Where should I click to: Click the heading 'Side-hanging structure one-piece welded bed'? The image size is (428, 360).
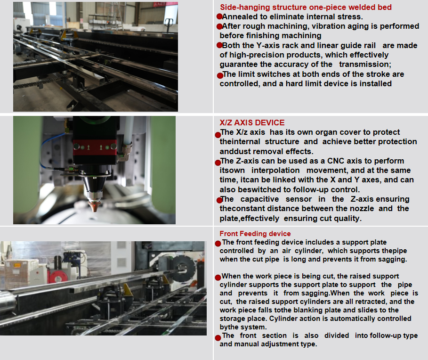coord(306,8)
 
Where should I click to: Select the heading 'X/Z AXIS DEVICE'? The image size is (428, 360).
coord(252,123)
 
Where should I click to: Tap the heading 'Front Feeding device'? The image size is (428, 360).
coord(255,234)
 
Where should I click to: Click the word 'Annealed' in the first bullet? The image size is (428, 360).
coord(240,16)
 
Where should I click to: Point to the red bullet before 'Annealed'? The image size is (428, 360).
coord(219,16)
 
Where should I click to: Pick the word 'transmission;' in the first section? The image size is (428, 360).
coord(365,65)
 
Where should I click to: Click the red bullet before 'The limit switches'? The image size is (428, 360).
coord(220,76)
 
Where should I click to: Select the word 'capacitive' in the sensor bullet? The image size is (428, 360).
coord(259,199)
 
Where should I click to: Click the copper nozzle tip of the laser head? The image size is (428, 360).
coord(94,206)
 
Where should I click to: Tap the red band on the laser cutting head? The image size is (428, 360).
coord(95,147)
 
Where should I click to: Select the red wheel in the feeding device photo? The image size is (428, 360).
coord(57,276)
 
